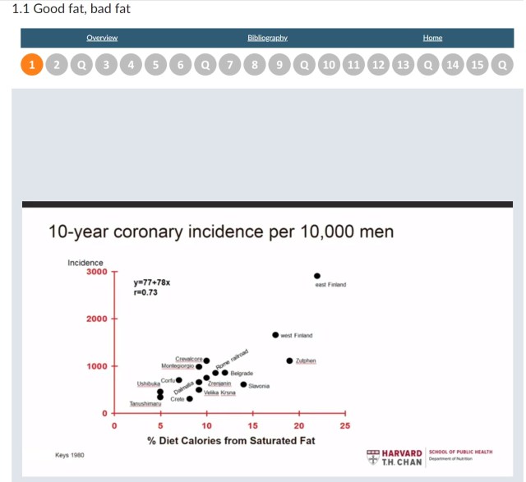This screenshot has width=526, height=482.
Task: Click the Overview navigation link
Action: coord(102,38)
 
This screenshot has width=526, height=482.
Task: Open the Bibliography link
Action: coord(267,38)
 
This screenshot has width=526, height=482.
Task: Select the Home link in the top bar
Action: coord(432,38)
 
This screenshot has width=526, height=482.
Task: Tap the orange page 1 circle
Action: coord(31,64)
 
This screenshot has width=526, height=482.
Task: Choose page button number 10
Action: coord(329,64)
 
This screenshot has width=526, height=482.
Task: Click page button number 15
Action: coord(477,64)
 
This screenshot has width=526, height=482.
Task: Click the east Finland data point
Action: coord(318,276)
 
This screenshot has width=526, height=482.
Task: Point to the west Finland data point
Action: coord(275,335)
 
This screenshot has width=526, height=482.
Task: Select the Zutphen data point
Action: coord(289,360)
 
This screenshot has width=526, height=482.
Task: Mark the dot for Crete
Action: coord(190,399)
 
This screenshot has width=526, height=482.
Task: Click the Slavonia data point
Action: coord(242,384)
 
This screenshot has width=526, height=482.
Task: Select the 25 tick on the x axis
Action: coord(345,426)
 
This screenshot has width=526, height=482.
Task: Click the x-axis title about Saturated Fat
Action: coord(231,442)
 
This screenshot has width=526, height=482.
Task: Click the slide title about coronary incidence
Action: coord(221,232)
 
